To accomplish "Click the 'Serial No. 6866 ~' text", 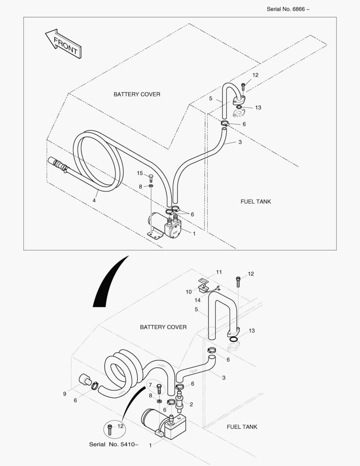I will pyautogui.click(x=288, y=9).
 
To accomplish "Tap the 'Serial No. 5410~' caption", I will pyautogui.click(x=114, y=444).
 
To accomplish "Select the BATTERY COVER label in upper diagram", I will pyautogui.click(x=137, y=94).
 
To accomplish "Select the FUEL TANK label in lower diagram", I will pyautogui.click(x=242, y=427).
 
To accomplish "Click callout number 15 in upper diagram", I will pyautogui.click(x=140, y=173).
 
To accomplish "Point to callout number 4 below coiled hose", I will pyautogui.click(x=94, y=200).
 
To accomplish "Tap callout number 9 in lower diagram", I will pyautogui.click(x=65, y=394).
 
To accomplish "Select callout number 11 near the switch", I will pyautogui.click(x=219, y=272).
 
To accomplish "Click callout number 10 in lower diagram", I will pyautogui.click(x=189, y=292).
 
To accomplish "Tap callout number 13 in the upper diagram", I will pyautogui.click(x=258, y=107).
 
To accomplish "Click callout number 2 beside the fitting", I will pyautogui.click(x=191, y=404).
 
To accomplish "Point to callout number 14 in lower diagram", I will pyautogui.click(x=197, y=300).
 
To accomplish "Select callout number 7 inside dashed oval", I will pyautogui.click(x=150, y=385).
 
